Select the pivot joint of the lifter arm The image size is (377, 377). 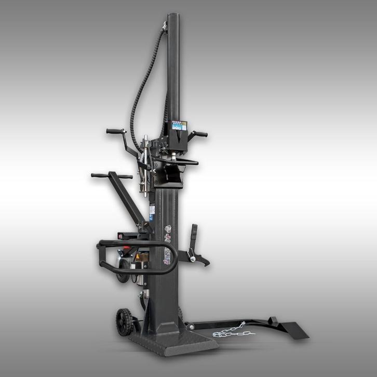[191, 327]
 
